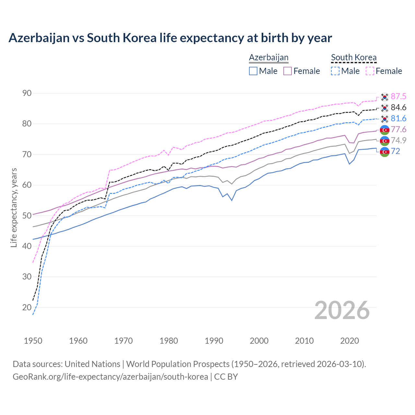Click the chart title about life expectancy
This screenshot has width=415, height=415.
pyautogui.click(x=170, y=38)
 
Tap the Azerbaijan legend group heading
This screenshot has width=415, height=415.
pyautogui.click(x=268, y=58)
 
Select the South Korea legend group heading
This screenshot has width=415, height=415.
pyautogui.click(x=354, y=58)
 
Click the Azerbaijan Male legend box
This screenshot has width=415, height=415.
pyautogui.click(x=253, y=71)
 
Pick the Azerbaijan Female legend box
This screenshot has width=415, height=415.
pyautogui.click(x=288, y=71)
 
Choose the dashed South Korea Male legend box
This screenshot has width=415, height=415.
pyautogui.click(x=335, y=71)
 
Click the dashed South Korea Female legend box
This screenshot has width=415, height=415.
pyautogui.click(x=370, y=71)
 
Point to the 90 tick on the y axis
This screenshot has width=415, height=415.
pyautogui.click(x=27, y=93)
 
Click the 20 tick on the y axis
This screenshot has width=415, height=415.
pyautogui.click(x=27, y=307)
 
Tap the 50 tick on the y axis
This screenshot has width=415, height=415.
pyautogui.click(x=27, y=216)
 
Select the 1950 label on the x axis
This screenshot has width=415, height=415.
pyautogui.click(x=33, y=341)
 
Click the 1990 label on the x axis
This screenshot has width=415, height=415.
pyautogui.click(x=214, y=341)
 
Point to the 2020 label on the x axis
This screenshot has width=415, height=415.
pyautogui.click(x=350, y=341)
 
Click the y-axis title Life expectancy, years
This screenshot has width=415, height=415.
pyautogui.click(x=14, y=207)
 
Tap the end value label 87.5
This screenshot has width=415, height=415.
pyautogui.click(x=398, y=97)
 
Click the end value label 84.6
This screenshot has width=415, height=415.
pyautogui.click(x=398, y=108)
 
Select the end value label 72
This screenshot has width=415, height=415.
pyautogui.click(x=396, y=151)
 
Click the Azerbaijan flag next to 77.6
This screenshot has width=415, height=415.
pyautogui.click(x=385, y=130)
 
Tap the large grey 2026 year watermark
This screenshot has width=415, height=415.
pyautogui.click(x=342, y=310)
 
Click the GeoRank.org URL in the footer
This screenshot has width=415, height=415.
pyautogui.click(x=110, y=377)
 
